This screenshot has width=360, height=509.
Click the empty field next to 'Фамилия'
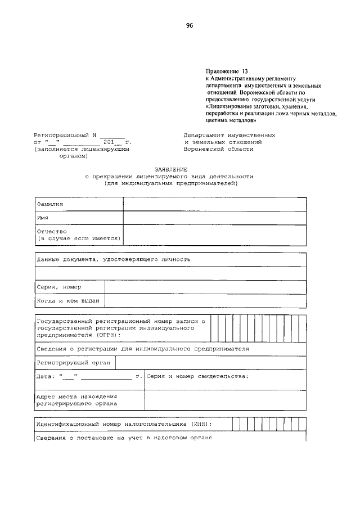(x=214, y=204)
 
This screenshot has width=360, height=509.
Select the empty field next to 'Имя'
(x=214, y=218)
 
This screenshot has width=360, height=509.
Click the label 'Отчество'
(x=52, y=231)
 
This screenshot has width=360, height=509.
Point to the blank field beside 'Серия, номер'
(x=205, y=287)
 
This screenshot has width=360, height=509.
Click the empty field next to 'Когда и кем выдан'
(x=205, y=301)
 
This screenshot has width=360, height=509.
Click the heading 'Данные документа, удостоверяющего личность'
(x=114, y=260)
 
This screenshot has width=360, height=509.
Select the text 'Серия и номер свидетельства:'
(x=197, y=376)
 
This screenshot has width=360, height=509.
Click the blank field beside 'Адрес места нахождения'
(x=225, y=400)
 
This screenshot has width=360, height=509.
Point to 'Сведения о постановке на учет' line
(x=124, y=438)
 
